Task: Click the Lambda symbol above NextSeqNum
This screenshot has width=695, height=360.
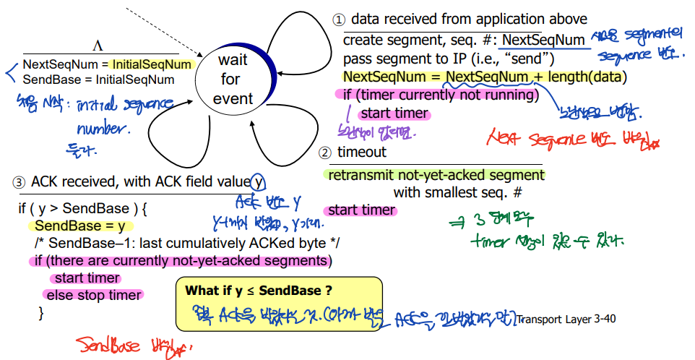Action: pyautogui.click(x=98, y=46)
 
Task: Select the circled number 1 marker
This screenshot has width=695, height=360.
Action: pyautogui.click(x=338, y=20)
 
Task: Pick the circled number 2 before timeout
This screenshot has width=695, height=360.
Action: pyautogui.click(x=326, y=153)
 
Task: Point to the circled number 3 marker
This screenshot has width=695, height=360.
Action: pyautogui.click(x=19, y=181)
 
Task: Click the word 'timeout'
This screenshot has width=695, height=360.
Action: pyautogui.click(x=362, y=153)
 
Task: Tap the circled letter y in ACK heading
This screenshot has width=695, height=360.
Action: pyautogui.click(x=258, y=181)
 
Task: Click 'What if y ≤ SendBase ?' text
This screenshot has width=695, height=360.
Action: pyautogui.click(x=259, y=291)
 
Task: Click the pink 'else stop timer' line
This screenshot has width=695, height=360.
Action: pyautogui.click(x=94, y=295)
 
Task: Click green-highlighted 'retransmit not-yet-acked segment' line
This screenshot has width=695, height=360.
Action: pyautogui.click(x=436, y=175)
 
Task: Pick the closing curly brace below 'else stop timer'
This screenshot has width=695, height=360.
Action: pyautogui.click(x=41, y=312)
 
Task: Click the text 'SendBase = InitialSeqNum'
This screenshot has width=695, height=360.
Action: pyautogui.click(x=98, y=80)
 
